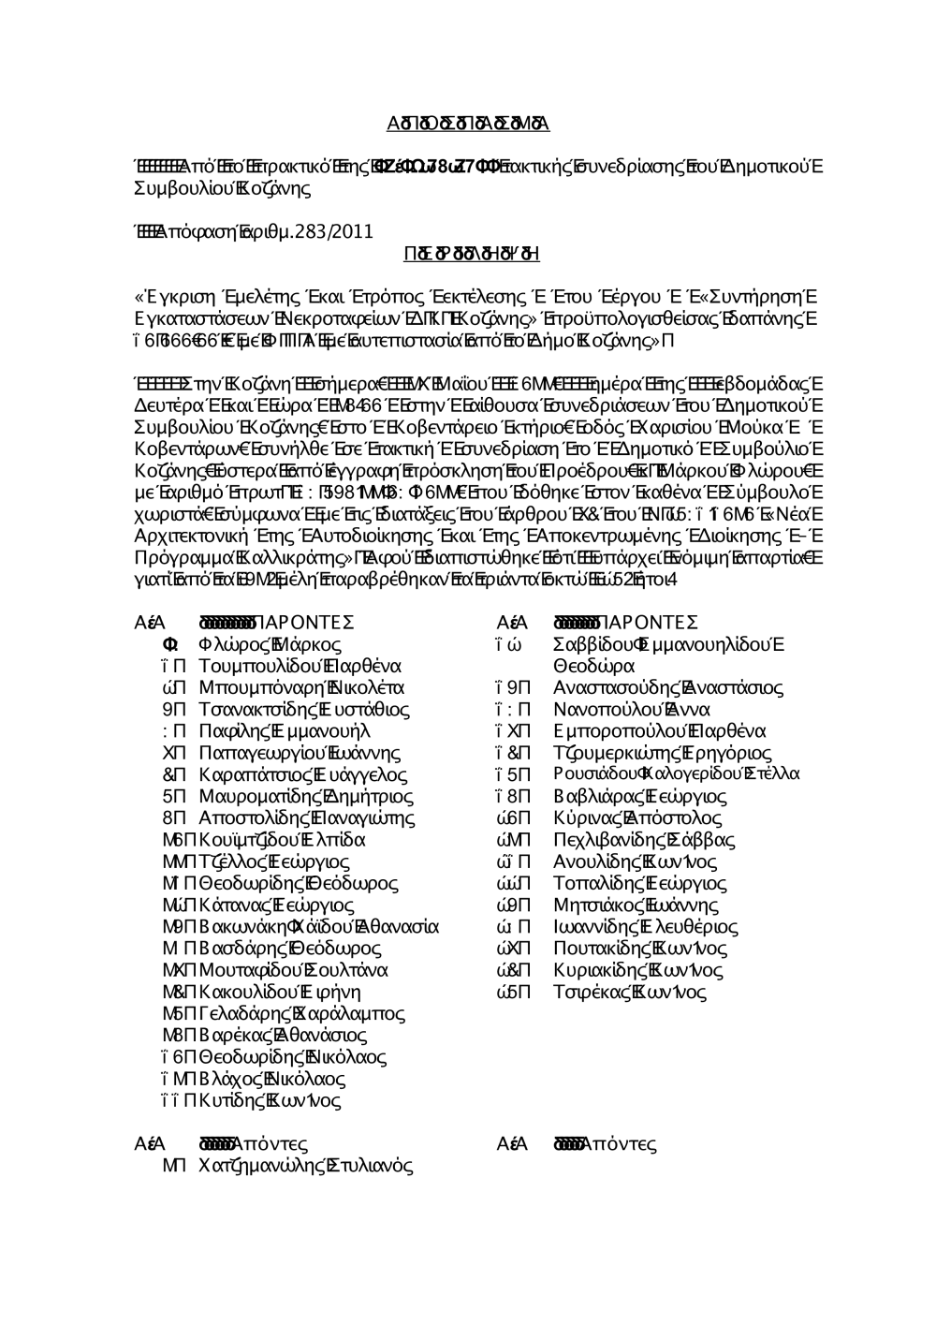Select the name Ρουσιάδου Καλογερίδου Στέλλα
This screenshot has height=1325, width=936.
point(676,774)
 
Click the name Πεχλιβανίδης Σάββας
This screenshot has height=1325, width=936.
point(644,839)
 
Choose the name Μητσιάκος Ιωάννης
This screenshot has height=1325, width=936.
point(636,905)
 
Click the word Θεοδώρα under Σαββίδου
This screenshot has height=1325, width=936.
point(593,666)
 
